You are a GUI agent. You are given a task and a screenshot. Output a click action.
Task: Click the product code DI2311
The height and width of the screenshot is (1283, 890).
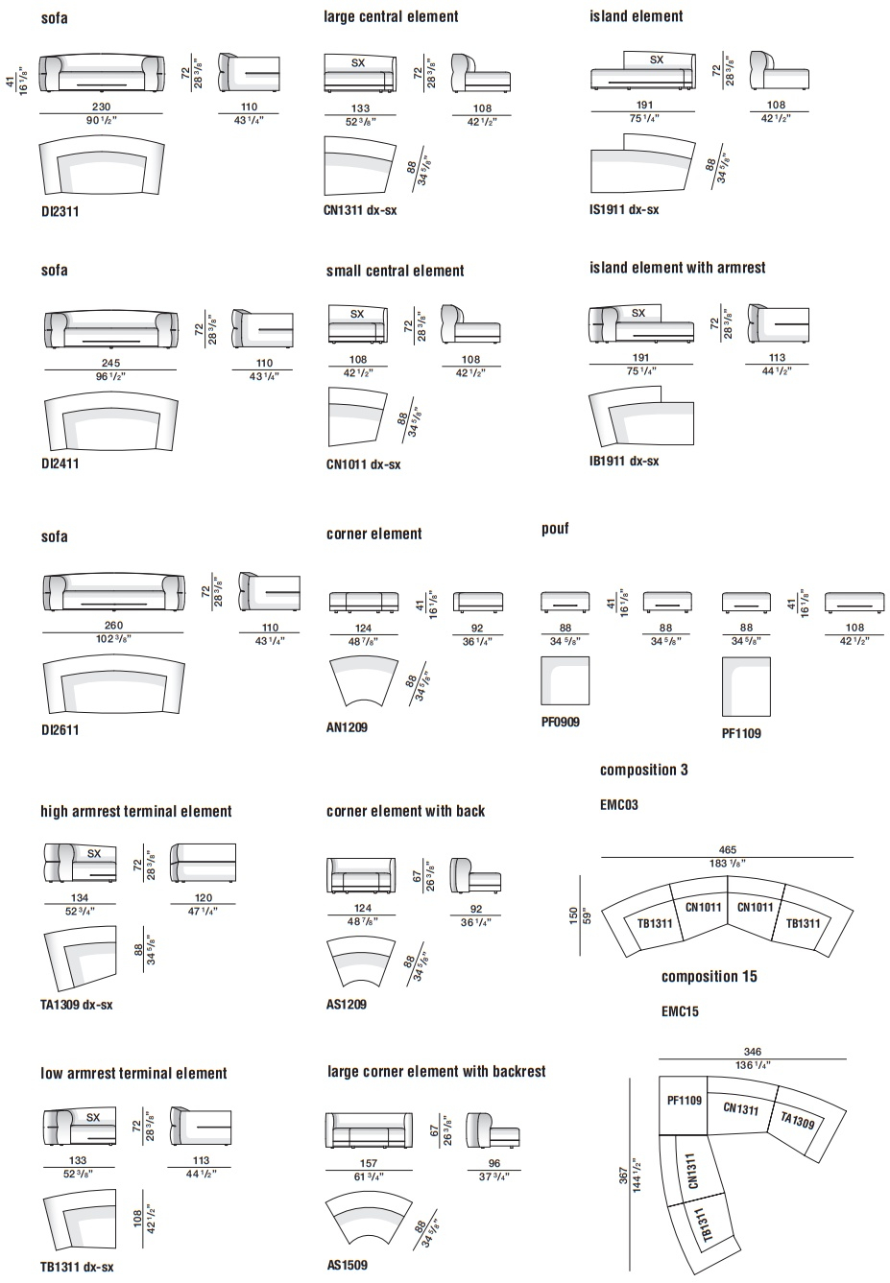(60, 211)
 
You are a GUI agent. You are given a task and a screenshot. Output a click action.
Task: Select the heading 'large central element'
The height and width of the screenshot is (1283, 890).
(391, 16)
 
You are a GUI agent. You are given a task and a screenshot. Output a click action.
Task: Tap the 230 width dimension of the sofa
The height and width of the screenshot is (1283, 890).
(102, 107)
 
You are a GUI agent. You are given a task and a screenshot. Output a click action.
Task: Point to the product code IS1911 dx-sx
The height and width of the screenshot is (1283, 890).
(624, 209)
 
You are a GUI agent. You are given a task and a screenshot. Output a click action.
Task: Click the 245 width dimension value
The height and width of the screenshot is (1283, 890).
(111, 363)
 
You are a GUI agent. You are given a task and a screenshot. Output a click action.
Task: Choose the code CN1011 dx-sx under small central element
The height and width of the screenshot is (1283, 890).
(363, 464)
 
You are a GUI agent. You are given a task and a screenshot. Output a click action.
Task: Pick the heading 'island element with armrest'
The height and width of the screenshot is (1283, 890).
(678, 268)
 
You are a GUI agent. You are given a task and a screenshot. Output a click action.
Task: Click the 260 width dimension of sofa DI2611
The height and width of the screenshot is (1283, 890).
(113, 626)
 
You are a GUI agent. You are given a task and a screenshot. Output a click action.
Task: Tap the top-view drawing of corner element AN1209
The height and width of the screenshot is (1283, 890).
(363, 681)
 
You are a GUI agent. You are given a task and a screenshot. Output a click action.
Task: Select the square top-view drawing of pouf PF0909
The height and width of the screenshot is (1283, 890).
(565, 680)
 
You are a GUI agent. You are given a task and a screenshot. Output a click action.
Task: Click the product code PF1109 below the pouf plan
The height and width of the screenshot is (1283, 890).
(741, 734)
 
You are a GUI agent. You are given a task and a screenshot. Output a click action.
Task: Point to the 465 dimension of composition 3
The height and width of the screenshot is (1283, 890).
(727, 850)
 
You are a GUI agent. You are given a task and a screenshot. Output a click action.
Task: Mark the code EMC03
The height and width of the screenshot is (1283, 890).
(619, 805)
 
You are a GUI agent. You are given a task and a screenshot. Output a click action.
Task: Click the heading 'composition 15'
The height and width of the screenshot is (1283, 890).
(709, 977)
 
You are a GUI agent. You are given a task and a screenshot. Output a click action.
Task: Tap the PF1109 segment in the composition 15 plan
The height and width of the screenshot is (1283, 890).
(684, 1106)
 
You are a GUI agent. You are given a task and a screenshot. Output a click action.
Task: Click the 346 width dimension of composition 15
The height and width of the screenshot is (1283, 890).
(753, 1052)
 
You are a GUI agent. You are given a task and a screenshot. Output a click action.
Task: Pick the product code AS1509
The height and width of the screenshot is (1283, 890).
(348, 1265)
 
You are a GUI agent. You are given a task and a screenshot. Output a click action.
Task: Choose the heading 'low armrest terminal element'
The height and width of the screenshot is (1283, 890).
(133, 1074)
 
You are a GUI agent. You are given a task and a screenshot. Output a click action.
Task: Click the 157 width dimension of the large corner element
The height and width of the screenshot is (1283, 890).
(369, 1163)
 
